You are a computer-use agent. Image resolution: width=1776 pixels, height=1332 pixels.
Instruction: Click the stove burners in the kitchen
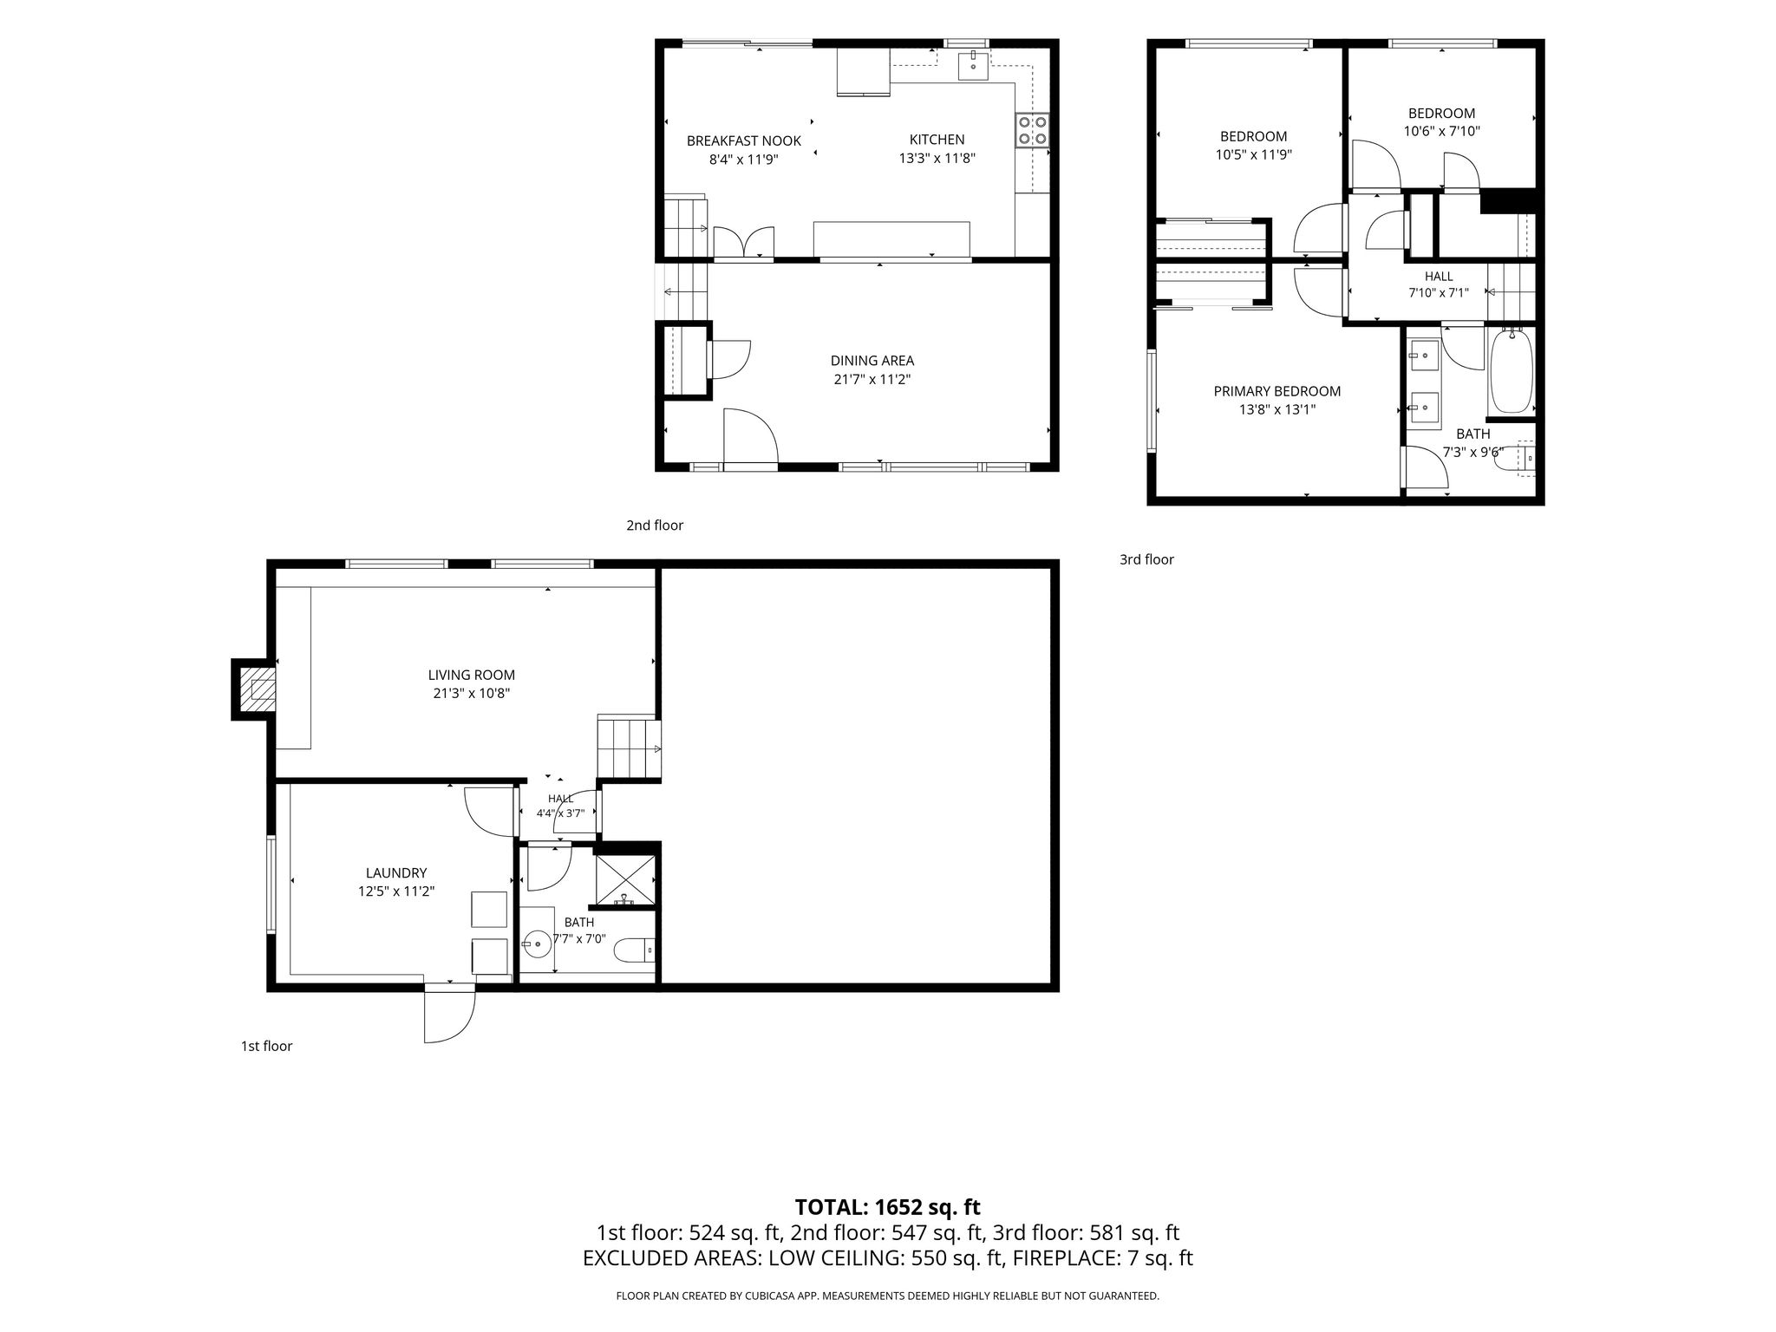(1032, 130)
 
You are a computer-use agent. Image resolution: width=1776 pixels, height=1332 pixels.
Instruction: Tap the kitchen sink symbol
(973, 66)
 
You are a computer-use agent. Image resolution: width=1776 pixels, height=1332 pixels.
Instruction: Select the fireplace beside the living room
(255, 689)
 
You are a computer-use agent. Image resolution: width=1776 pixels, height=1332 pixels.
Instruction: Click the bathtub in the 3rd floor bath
(1511, 370)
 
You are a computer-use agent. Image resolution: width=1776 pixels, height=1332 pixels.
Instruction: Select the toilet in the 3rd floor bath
(1514, 458)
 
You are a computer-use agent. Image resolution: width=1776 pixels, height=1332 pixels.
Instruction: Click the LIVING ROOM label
(472, 675)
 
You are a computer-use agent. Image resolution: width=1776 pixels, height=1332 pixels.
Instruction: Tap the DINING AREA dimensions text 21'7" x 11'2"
(872, 379)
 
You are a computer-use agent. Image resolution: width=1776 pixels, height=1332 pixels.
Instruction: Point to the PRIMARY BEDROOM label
(1277, 391)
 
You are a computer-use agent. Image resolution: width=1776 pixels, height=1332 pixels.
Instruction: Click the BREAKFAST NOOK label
(744, 140)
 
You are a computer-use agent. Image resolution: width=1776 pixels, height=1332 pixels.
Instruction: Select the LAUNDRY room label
(396, 873)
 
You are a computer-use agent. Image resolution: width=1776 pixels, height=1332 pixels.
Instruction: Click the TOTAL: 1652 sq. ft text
(888, 1207)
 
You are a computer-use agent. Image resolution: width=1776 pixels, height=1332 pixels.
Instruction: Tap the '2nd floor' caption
(655, 525)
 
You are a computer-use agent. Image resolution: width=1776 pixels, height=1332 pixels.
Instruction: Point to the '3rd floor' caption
(1146, 559)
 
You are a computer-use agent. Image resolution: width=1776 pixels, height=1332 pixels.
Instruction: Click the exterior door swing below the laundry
(450, 1015)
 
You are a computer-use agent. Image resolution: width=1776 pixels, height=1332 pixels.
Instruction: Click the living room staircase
(629, 748)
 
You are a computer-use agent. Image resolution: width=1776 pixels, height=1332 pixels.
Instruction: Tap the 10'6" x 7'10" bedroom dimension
(1442, 132)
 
